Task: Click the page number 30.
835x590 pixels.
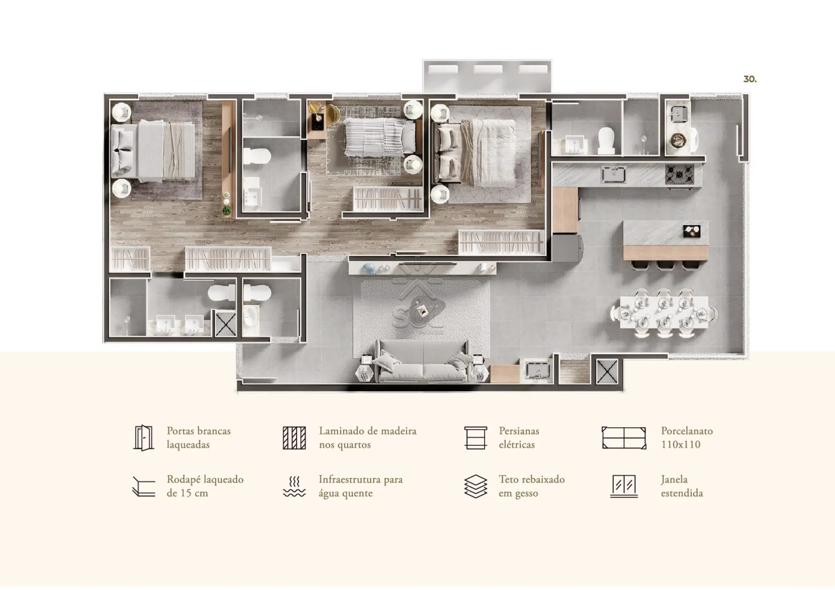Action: pos(750,79)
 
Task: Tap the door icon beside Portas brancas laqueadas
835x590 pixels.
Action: pos(143,438)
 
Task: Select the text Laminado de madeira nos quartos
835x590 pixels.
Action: pos(367,437)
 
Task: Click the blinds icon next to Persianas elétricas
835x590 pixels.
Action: pos(476,438)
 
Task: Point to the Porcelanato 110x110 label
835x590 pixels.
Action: pos(687,437)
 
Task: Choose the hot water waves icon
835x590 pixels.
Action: pos(294,487)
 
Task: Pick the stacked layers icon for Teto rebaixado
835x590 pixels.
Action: pos(476,486)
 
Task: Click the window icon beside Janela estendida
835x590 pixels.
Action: pos(624,486)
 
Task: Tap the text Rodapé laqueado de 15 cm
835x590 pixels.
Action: pos(205,486)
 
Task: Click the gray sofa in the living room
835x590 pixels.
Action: pos(422,362)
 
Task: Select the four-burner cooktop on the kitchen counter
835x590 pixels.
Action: pos(679,174)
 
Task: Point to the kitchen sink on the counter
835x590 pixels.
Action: pos(614,174)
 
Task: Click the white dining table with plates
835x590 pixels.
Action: pos(664,312)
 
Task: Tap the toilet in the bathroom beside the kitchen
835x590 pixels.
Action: pos(606,141)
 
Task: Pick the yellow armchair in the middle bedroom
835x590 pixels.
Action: pos(331,114)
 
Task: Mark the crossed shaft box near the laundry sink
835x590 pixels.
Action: pos(607,371)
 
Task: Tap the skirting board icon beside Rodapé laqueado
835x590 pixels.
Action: pos(143,487)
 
